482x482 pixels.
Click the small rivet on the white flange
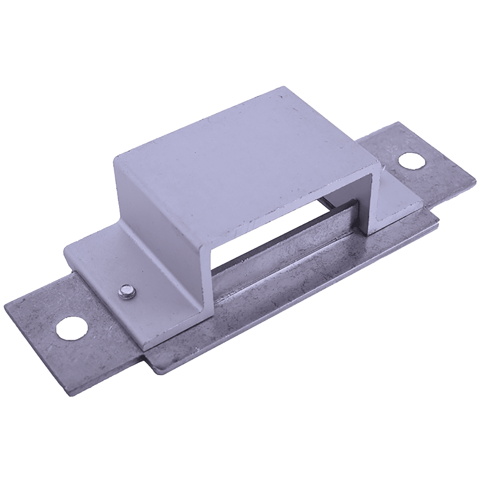127,291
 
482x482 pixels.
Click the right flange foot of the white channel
400,202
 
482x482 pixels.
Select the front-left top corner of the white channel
115,158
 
